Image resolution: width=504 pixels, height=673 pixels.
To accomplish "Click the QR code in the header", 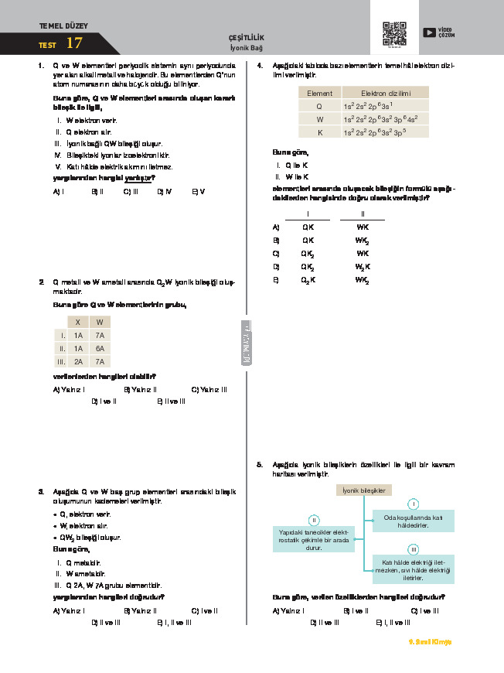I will click(x=394, y=33).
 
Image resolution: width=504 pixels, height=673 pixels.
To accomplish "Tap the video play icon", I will click(x=429, y=32).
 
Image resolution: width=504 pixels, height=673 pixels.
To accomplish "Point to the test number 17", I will click(x=74, y=43).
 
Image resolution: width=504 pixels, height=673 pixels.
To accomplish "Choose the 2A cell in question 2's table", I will click(x=78, y=361).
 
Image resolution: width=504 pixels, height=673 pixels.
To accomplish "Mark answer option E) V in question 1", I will click(x=198, y=191).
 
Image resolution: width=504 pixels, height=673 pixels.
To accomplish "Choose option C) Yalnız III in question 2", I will click(x=209, y=389).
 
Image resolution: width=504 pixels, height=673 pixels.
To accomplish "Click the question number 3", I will click(x=40, y=491).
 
